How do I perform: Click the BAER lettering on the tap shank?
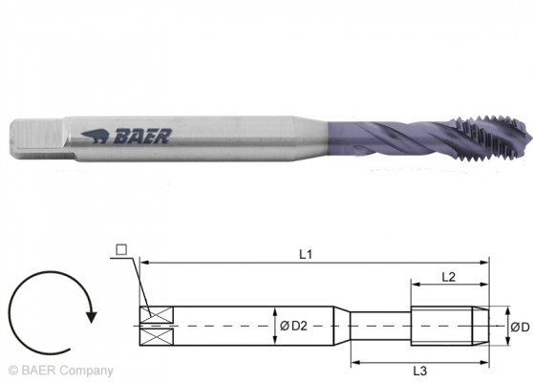pos(142,137)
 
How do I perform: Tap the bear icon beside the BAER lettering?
pos(97,135)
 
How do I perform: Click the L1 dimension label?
pos(305,255)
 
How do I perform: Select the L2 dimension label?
pos(448,276)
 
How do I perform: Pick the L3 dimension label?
pos(419,370)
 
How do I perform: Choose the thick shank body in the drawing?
pos(248,327)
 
